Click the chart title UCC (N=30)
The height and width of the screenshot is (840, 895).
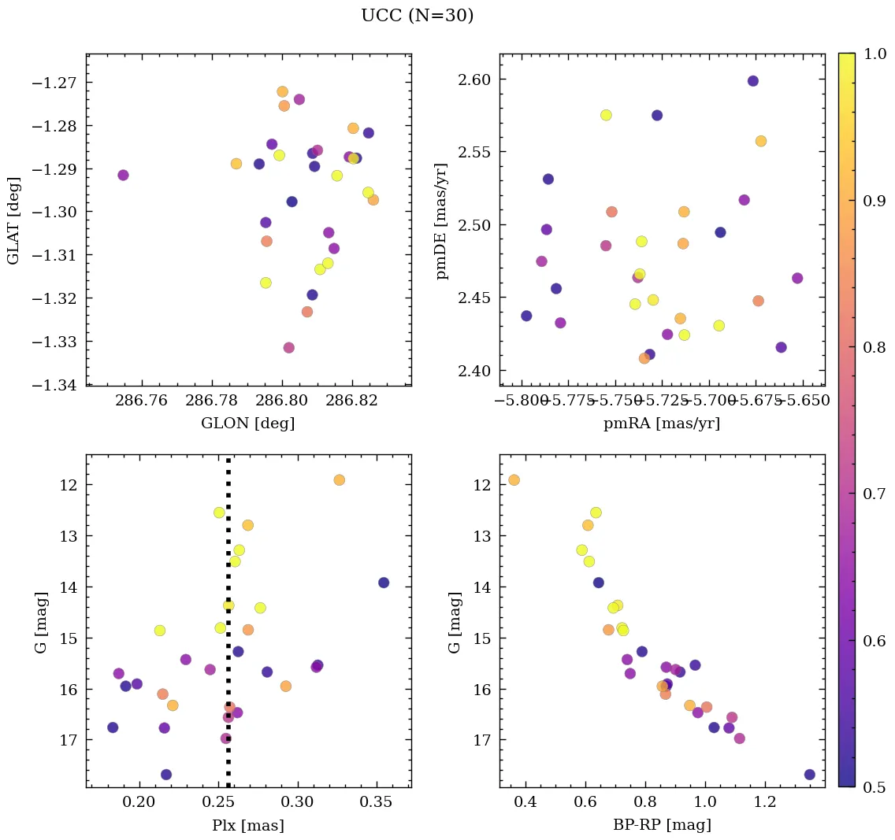click(417, 16)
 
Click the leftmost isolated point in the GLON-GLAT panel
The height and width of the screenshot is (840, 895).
click(123, 175)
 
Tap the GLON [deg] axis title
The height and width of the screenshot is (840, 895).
click(248, 424)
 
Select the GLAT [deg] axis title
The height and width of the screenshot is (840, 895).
click(13, 220)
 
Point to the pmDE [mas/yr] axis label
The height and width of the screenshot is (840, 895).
click(442, 220)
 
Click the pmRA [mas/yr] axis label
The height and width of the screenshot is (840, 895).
click(662, 424)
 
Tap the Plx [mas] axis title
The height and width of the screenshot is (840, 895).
click(248, 825)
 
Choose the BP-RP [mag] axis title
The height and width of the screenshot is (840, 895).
click(662, 825)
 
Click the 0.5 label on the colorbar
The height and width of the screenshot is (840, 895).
click(874, 786)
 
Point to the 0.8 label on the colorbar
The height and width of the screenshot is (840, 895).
click(874, 347)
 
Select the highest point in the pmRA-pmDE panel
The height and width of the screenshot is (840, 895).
click(753, 81)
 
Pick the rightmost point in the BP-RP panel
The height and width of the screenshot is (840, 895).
click(810, 775)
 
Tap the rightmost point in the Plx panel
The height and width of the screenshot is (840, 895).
click(384, 583)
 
